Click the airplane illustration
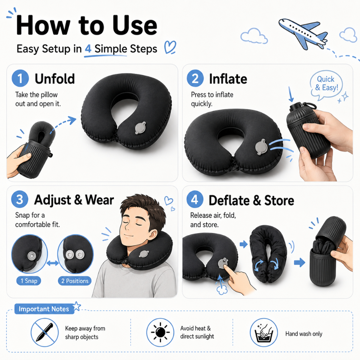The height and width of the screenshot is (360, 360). (303, 33)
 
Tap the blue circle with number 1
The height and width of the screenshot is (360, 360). (20, 78)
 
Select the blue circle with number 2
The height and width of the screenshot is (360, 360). (195, 78)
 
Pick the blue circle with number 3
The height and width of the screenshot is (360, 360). (20, 199)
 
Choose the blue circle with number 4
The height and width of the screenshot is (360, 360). (195, 199)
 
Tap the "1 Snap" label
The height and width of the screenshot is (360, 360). (29, 281)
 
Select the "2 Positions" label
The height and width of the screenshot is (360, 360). (75, 281)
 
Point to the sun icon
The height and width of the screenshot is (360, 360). (160, 332)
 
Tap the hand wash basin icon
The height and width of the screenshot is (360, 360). (264, 332)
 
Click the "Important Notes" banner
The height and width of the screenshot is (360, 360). (44, 309)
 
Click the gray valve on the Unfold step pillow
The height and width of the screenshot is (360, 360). (140, 128)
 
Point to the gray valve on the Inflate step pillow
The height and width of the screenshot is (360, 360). (261, 147)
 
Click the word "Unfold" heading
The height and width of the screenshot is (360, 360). (54, 79)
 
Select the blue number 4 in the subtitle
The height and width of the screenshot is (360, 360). (88, 49)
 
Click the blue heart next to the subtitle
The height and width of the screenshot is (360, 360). (170, 47)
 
